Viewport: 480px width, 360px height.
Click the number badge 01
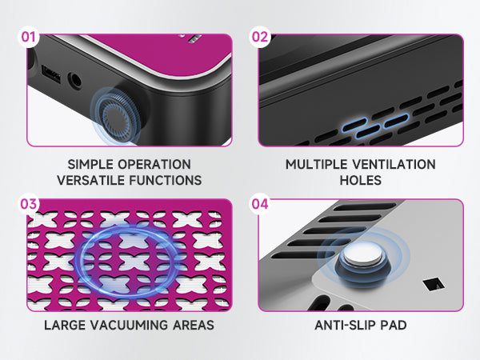coord(29,37)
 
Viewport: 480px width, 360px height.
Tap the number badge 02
coord(260,37)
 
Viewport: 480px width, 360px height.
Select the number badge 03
coord(29,204)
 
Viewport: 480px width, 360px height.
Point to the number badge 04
coord(260,204)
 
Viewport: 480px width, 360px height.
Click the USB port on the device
coord(51,74)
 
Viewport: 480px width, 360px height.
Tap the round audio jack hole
coord(74,81)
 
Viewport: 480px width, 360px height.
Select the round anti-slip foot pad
coord(362,260)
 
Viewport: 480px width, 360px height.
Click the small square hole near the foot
coord(434,284)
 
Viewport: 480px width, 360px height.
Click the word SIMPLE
coord(90,164)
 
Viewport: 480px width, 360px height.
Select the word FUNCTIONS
coord(166,180)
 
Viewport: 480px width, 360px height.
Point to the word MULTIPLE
coord(317,164)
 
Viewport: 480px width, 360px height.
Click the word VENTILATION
coord(394,164)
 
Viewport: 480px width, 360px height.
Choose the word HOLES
coord(361,180)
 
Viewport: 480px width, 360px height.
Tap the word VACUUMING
coord(129,325)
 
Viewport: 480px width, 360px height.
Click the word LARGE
coord(65,325)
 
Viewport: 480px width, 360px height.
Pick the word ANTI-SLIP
coord(346,325)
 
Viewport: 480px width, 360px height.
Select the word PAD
coord(394,325)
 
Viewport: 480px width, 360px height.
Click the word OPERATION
coord(154,164)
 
